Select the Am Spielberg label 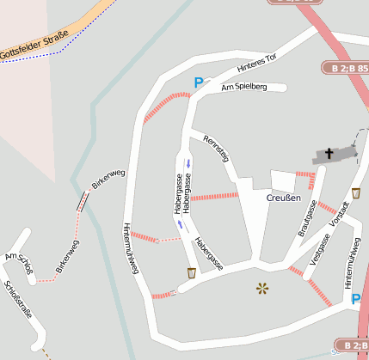(x=244, y=88)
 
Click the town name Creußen (x=283, y=198)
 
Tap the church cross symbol (x=329, y=155)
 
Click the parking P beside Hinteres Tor (x=199, y=83)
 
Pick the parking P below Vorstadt (x=356, y=299)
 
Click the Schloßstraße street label (x=18, y=300)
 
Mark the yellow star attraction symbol (x=261, y=288)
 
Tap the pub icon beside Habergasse (x=191, y=273)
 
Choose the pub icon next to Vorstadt (x=356, y=193)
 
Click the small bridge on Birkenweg (x=81, y=201)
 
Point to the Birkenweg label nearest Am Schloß (x=67, y=257)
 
